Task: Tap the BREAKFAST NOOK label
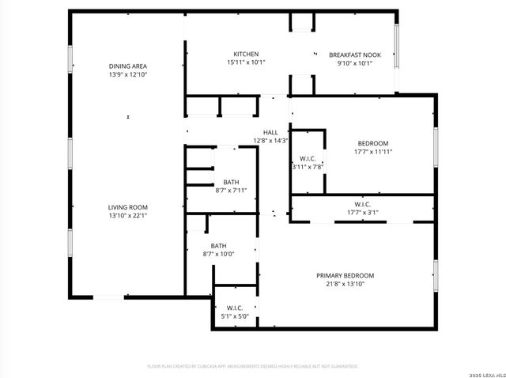[x=355, y=55]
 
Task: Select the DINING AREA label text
[x=128, y=66]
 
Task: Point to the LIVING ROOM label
[x=128, y=206]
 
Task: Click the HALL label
[x=270, y=133]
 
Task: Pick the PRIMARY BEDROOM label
[x=346, y=275]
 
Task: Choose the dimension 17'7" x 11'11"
[x=373, y=151]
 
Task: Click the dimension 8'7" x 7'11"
[x=231, y=190]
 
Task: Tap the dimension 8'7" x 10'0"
[x=218, y=254]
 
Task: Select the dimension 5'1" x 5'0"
[x=235, y=316]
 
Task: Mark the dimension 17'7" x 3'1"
[x=363, y=212]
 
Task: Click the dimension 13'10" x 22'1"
[x=128, y=214]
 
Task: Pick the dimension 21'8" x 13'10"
[x=346, y=283]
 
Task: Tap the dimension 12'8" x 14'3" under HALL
[x=270, y=141]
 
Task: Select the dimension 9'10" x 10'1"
[x=355, y=62]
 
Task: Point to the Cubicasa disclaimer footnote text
[x=253, y=366]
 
